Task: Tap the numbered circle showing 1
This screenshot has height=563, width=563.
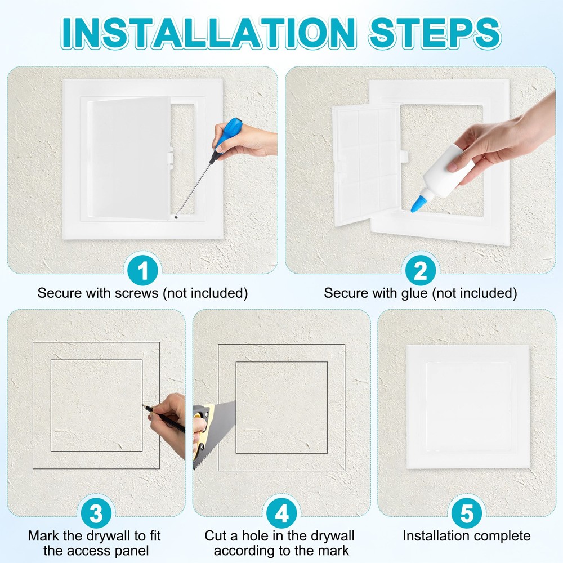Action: coord(144,272)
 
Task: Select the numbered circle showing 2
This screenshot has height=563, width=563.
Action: coord(421,272)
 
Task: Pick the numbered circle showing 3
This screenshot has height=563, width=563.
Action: coord(96,512)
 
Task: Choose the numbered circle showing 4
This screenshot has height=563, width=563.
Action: coord(281,512)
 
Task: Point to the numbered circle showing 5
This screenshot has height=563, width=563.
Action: coord(467,512)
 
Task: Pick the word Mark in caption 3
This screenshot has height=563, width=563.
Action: coord(43,535)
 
